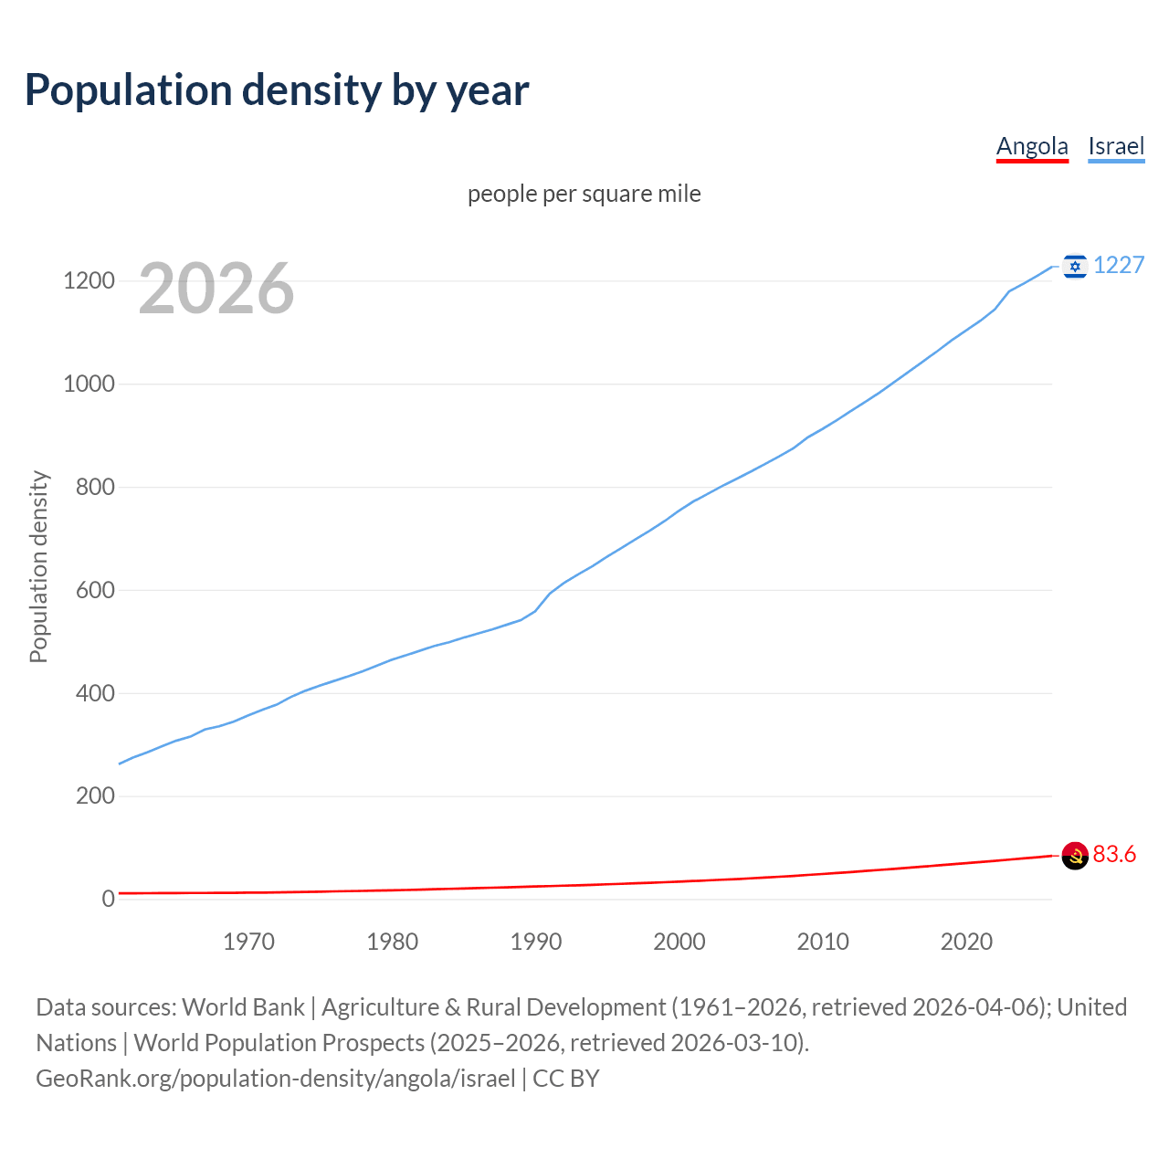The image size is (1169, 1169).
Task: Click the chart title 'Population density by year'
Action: (x=277, y=90)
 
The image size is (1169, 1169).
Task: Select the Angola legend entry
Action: (x=1032, y=147)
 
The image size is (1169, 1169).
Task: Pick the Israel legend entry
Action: (x=1116, y=147)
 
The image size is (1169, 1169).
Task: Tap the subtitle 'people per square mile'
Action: (x=584, y=195)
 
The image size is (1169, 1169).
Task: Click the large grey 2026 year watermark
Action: (x=216, y=289)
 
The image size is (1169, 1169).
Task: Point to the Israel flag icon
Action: (x=1075, y=266)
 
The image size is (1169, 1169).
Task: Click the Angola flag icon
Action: (x=1075, y=856)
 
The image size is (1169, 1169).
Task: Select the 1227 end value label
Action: (x=1119, y=266)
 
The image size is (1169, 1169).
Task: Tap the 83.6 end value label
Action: (x=1114, y=855)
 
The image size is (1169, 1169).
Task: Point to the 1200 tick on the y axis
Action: (x=89, y=281)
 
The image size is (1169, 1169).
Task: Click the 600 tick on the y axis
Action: (x=95, y=591)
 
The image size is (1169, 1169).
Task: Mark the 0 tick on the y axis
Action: (x=109, y=900)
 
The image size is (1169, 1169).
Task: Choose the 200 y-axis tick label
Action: (x=95, y=796)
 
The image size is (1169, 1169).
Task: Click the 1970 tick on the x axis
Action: (x=248, y=942)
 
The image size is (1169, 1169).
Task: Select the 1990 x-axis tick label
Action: (x=536, y=942)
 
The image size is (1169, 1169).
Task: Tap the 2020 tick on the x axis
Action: (x=966, y=942)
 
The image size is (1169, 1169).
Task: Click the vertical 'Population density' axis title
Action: (x=38, y=566)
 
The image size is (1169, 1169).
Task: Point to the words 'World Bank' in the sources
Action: (x=243, y=1007)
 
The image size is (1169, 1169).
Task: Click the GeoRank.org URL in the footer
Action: (x=276, y=1079)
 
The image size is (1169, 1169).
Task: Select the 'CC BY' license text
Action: (x=566, y=1079)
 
